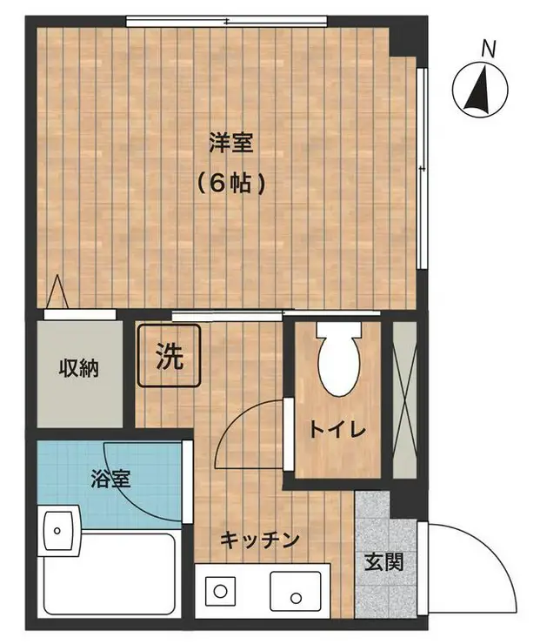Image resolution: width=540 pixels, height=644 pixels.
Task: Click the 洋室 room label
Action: click(x=231, y=143)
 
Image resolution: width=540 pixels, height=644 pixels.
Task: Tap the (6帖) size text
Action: click(x=231, y=184)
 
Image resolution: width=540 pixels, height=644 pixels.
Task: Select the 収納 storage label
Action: click(x=79, y=368)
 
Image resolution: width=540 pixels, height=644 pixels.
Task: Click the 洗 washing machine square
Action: click(x=169, y=356)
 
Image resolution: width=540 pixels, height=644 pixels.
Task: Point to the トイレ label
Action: click(x=337, y=431)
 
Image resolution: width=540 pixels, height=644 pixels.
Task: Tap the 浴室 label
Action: click(x=110, y=479)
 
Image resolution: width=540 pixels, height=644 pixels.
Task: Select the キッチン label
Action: click(x=259, y=540)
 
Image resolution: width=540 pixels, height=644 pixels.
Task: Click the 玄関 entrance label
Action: click(x=384, y=562)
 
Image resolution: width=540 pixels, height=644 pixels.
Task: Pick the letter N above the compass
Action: click(x=489, y=50)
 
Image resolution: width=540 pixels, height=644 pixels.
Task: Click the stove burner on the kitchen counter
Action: click(x=220, y=592)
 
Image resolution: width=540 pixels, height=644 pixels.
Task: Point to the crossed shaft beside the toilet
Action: click(x=404, y=399)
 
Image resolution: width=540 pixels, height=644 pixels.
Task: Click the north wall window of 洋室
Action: click(x=226, y=21)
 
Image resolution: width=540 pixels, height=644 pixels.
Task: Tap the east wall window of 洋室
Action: click(x=423, y=168)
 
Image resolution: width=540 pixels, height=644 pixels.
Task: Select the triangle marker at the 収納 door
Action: click(x=57, y=292)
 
